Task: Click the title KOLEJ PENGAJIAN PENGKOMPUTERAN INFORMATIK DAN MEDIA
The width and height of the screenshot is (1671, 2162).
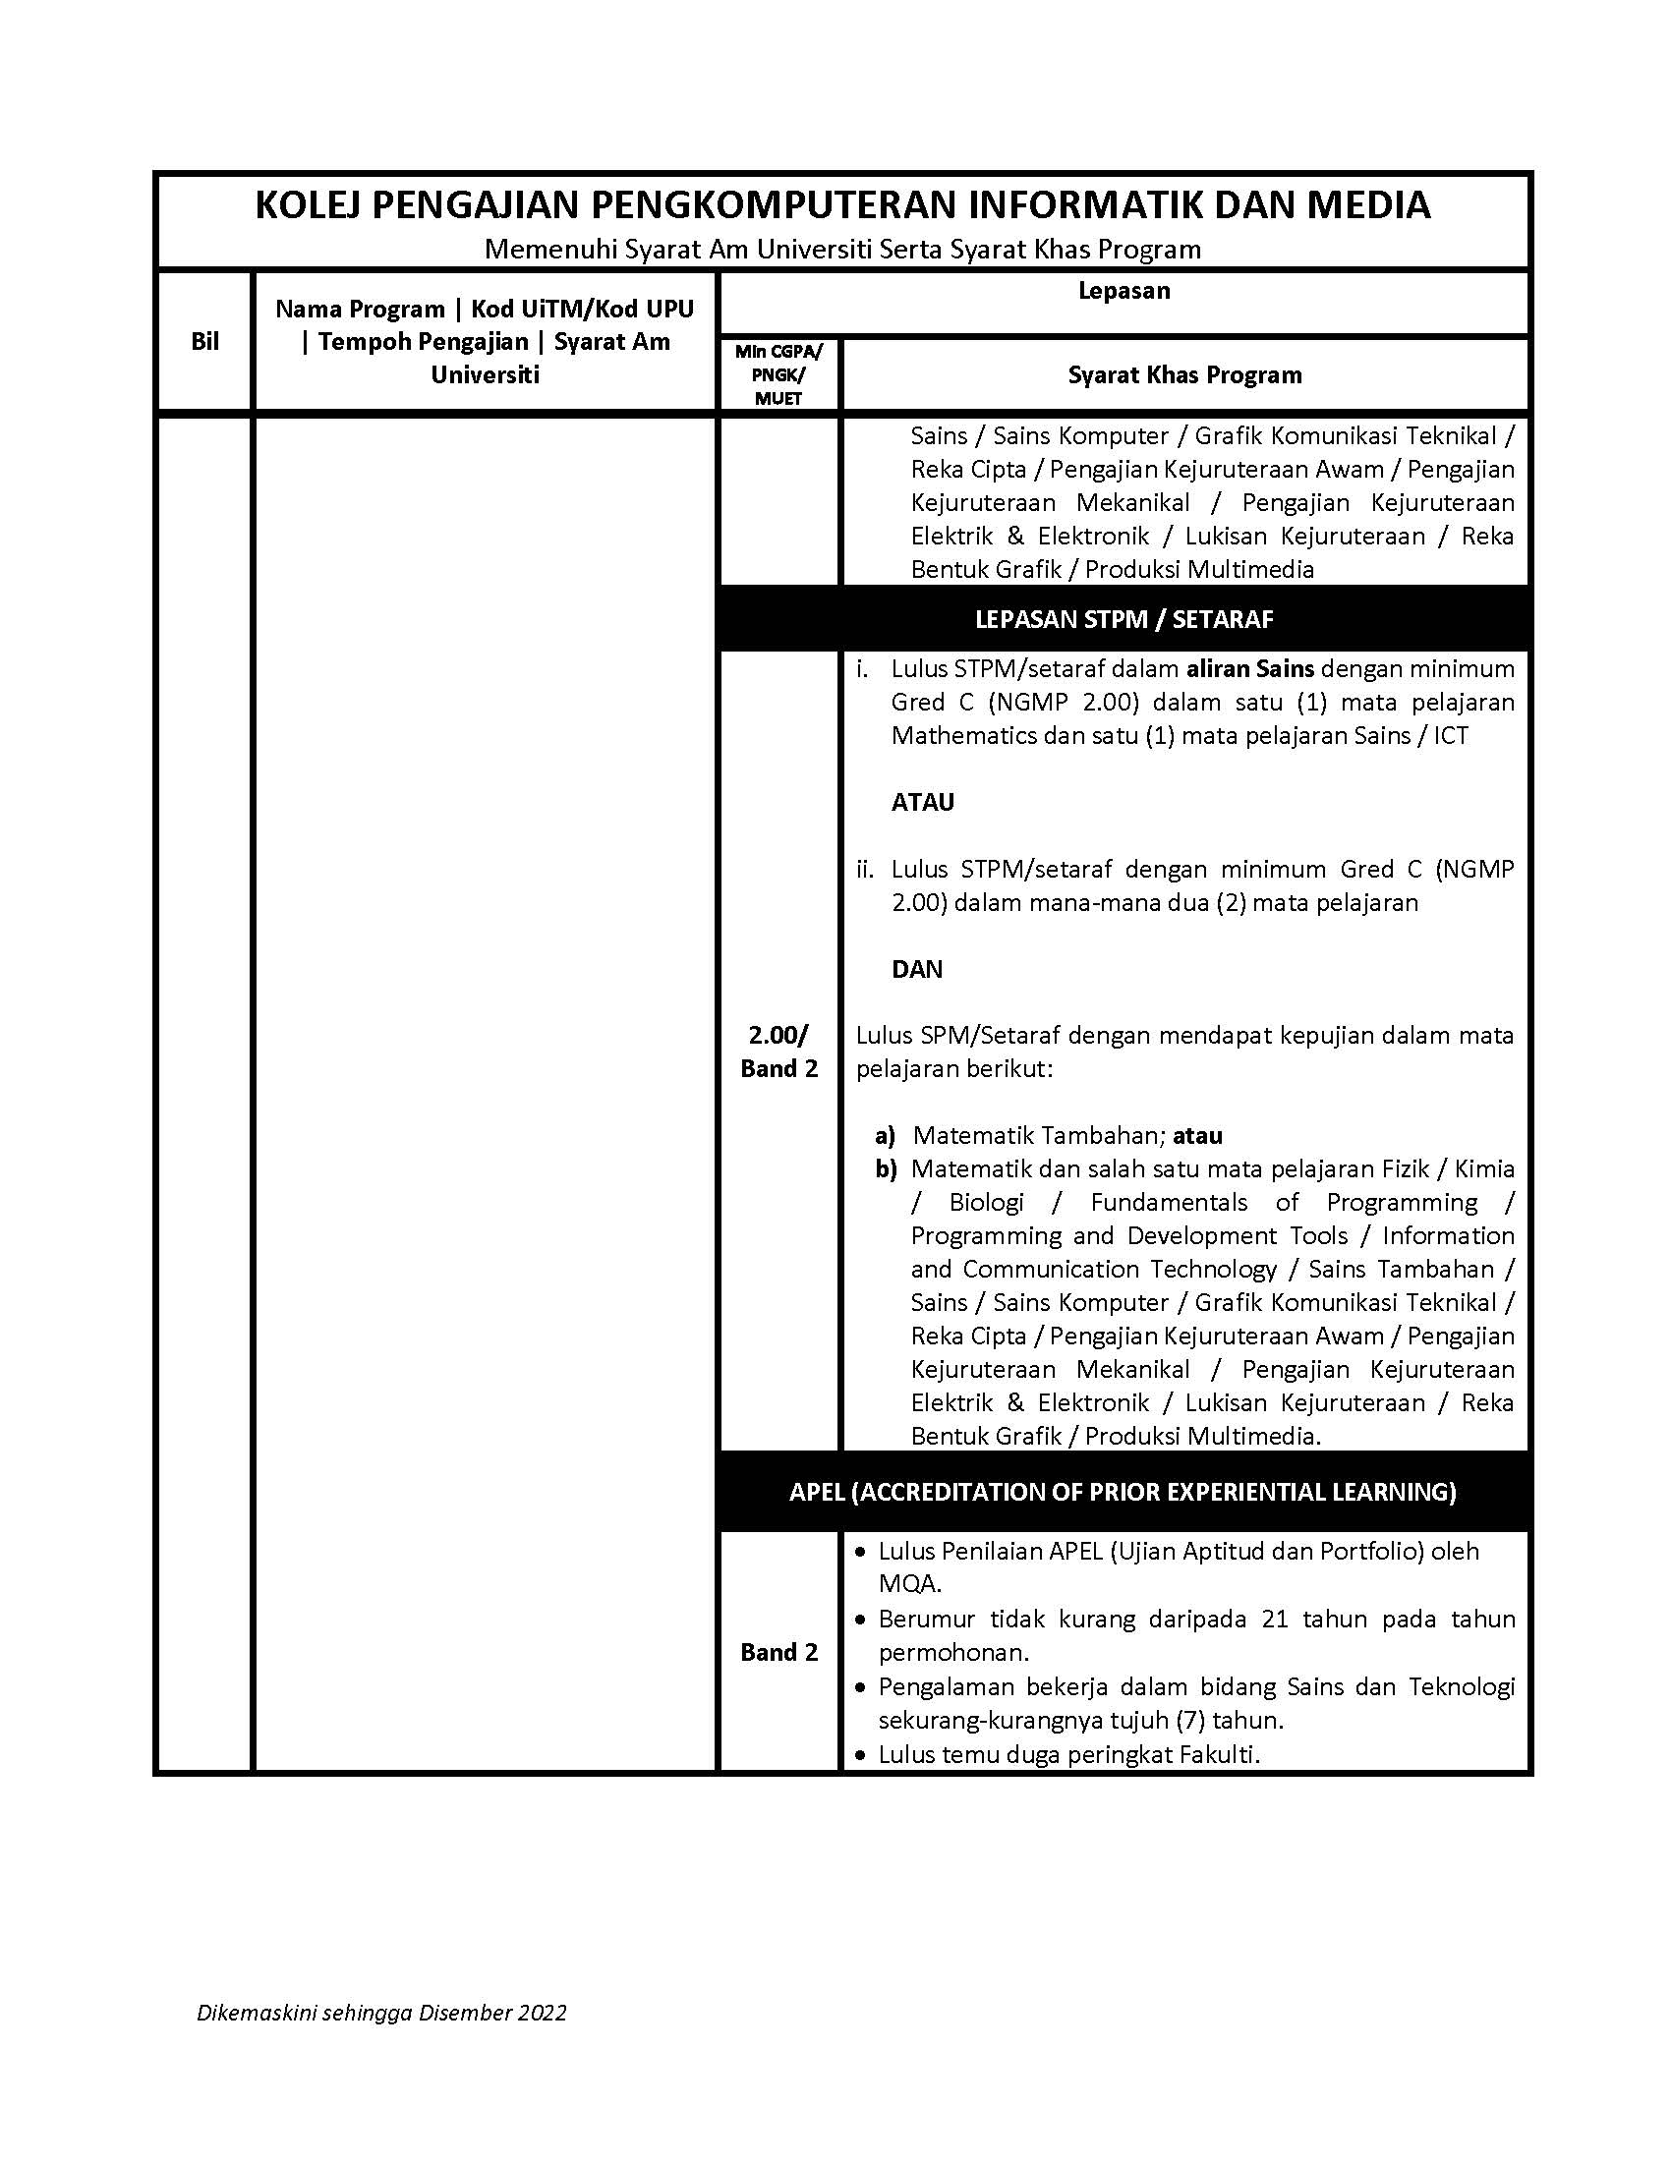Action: [842, 205]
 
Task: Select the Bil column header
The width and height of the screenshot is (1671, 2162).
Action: [204, 342]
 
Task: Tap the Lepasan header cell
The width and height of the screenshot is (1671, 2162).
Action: [1124, 291]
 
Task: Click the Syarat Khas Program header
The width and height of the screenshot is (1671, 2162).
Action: [1184, 375]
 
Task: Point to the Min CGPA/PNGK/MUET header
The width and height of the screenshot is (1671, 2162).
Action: [778, 375]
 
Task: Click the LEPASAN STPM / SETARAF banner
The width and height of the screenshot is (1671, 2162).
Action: [1124, 620]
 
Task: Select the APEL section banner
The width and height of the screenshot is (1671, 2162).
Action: [1123, 1492]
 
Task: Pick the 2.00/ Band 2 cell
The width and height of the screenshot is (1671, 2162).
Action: [779, 1052]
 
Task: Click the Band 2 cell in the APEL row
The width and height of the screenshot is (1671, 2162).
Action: [779, 1652]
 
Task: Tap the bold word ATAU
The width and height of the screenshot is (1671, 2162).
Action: [923, 802]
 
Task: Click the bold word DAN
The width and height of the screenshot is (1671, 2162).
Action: [917, 969]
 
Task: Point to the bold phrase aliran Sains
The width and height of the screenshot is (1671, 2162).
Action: [1249, 668]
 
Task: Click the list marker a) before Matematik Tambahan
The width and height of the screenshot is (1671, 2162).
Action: [884, 1135]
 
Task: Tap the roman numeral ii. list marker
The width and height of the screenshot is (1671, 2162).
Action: [865, 869]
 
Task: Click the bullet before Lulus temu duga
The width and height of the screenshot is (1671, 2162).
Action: [860, 1755]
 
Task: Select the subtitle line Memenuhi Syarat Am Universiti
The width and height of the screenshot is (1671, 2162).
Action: [842, 250]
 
